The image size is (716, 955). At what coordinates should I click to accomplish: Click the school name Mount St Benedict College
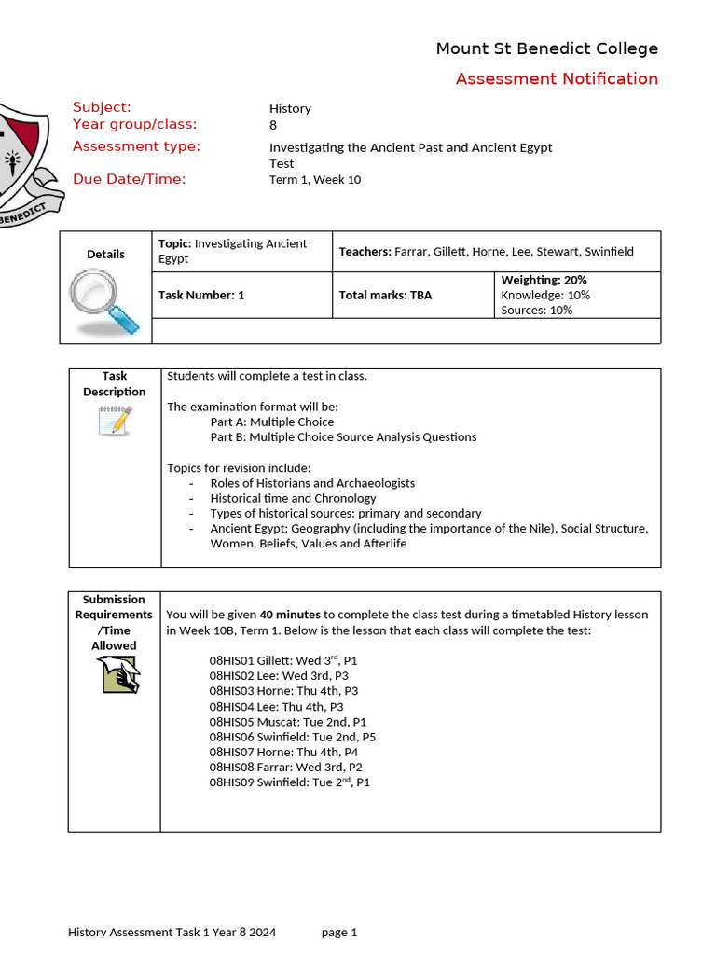click(546, 48)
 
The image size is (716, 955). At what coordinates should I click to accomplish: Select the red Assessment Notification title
click(557, 78)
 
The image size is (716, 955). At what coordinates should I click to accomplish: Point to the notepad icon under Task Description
click(115, 421)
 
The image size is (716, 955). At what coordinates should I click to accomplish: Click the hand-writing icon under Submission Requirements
click(118, 674)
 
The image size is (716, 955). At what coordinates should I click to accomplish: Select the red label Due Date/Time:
click(129, 179)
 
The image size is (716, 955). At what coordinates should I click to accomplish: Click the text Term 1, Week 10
click(314, 180)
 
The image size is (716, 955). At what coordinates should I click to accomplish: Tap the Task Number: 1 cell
click(201, 295)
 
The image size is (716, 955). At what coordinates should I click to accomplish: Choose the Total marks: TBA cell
click(385, 295)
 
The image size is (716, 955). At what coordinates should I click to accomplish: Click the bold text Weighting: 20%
click(544, 280)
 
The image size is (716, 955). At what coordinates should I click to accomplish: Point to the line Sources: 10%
click(536, 310)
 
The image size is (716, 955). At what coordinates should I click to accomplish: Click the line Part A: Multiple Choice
click(271, 422)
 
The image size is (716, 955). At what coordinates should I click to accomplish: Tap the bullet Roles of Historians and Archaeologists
click(312, 483)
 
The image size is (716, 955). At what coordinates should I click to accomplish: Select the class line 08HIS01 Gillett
click(282, 660)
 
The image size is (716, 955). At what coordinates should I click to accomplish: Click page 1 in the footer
click(339, 932)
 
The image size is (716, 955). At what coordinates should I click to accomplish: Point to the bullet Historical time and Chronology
click(293, 498)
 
